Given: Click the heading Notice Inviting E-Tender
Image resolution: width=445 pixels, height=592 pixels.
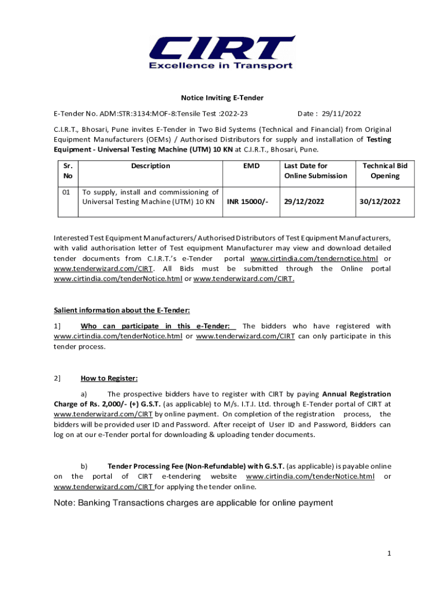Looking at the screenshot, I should pyautogui.click(x=222, y=98).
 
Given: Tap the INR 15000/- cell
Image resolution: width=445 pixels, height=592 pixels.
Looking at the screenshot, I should pyautogui.click(x=248, y=202).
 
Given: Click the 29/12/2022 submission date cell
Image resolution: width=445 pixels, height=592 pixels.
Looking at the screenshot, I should pyautogui.click(x=304, y=202).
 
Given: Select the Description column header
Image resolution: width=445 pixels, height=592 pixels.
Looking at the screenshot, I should pyautogui.click(x=150, y=166).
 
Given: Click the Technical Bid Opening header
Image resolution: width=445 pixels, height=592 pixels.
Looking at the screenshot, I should pyautogui.click(x=384, y=171).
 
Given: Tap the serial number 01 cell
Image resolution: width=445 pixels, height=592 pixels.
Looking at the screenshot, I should pyautogui.click(x=66, y=192).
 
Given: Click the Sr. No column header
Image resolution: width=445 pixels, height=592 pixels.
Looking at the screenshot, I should pyautogui.click(x=68, y=171).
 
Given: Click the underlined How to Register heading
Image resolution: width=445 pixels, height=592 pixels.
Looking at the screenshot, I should pyautogui.click(x=109, y=379).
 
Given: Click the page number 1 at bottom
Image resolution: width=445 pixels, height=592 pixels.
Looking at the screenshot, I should pyautogui.click(x=390, y=554).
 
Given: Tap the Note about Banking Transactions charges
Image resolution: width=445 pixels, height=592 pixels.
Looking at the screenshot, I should pyautogui.click(x=193, y=503).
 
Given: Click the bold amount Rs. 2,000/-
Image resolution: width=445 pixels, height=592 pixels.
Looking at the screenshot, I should pyautogui.click(x=99, y=404).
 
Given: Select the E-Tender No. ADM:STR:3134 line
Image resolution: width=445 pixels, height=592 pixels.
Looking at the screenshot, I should pyautogui.click(x=155, y=114).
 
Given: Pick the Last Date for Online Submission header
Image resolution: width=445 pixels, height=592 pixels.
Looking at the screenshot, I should pyautogui.click(x=315, y=171).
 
